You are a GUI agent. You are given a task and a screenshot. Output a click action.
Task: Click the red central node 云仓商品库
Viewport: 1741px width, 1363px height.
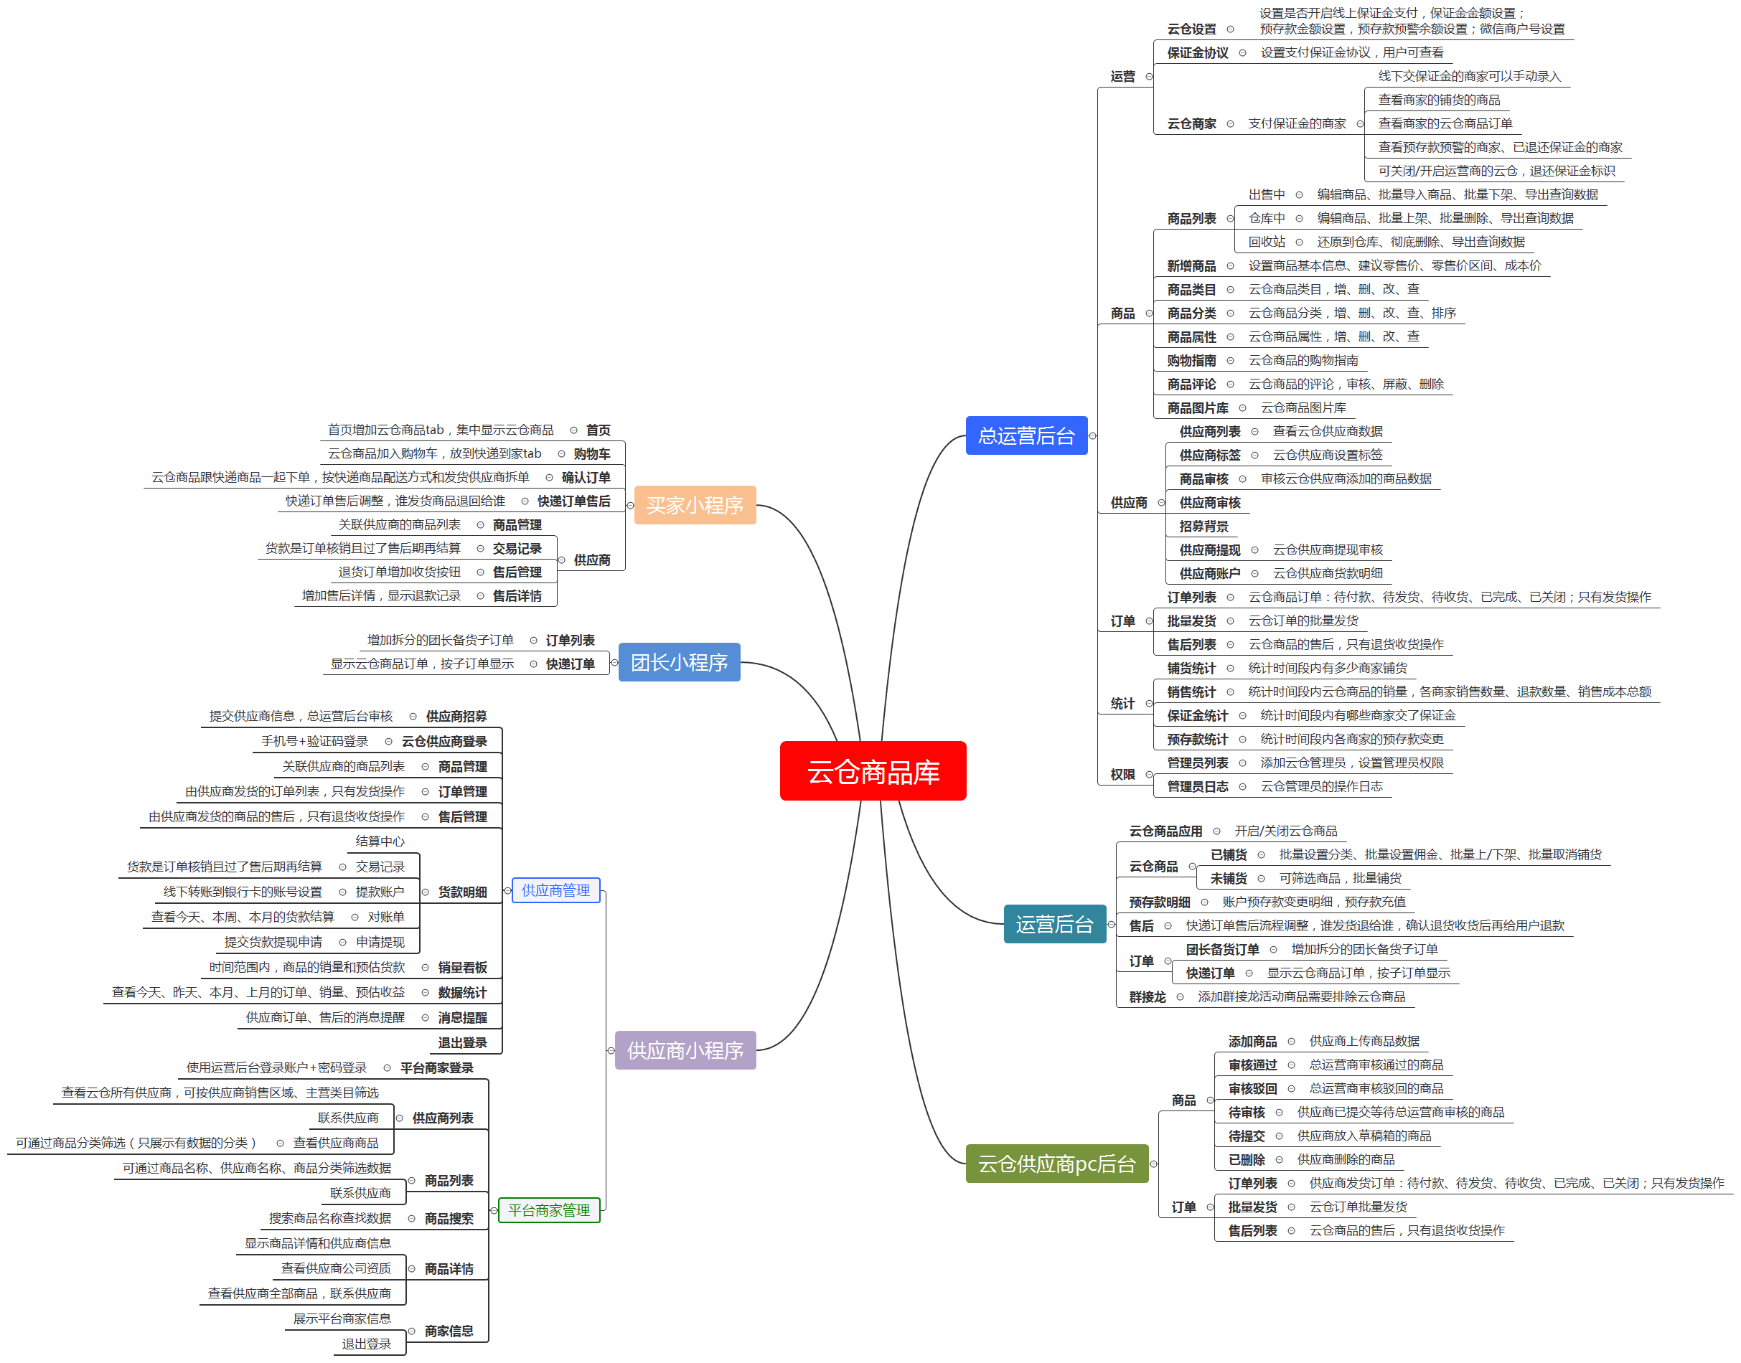point(873,771)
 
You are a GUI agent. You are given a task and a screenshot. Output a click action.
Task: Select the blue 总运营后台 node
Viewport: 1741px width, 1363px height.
point(1026,435)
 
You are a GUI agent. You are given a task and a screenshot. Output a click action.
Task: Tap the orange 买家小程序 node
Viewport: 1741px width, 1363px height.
point(695,505)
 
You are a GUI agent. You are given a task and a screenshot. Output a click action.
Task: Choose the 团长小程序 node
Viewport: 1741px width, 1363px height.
point(680,662)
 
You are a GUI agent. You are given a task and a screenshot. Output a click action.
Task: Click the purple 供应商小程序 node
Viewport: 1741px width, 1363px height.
point(685,1050)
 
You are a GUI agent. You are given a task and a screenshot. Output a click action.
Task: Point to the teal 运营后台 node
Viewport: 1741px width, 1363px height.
point(1054,924)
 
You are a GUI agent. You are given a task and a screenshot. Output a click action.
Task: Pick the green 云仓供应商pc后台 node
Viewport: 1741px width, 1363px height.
point(1057,1164)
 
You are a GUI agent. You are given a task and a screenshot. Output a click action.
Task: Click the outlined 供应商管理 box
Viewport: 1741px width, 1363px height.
point(555,890)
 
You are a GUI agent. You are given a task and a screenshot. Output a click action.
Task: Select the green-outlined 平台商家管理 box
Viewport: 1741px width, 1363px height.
point(549,1209)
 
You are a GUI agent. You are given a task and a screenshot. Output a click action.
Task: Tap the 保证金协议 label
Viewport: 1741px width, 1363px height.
point(1198,52)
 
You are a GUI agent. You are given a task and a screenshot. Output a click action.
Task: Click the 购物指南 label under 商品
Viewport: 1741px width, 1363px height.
point(1191,361)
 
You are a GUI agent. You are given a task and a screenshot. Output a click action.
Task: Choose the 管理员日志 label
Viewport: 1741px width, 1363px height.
point(1198,787)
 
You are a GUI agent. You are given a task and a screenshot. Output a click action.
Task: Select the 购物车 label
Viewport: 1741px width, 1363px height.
point(591,454)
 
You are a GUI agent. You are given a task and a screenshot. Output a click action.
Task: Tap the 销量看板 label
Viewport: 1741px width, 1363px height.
point(462,968)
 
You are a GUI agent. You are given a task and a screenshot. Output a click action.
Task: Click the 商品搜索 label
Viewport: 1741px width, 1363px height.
point(449,1219)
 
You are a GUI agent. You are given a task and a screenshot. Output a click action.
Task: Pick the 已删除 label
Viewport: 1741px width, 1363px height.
point(1246,1159)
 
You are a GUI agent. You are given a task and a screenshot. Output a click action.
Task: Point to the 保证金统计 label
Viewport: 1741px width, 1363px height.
point(1198,716)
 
